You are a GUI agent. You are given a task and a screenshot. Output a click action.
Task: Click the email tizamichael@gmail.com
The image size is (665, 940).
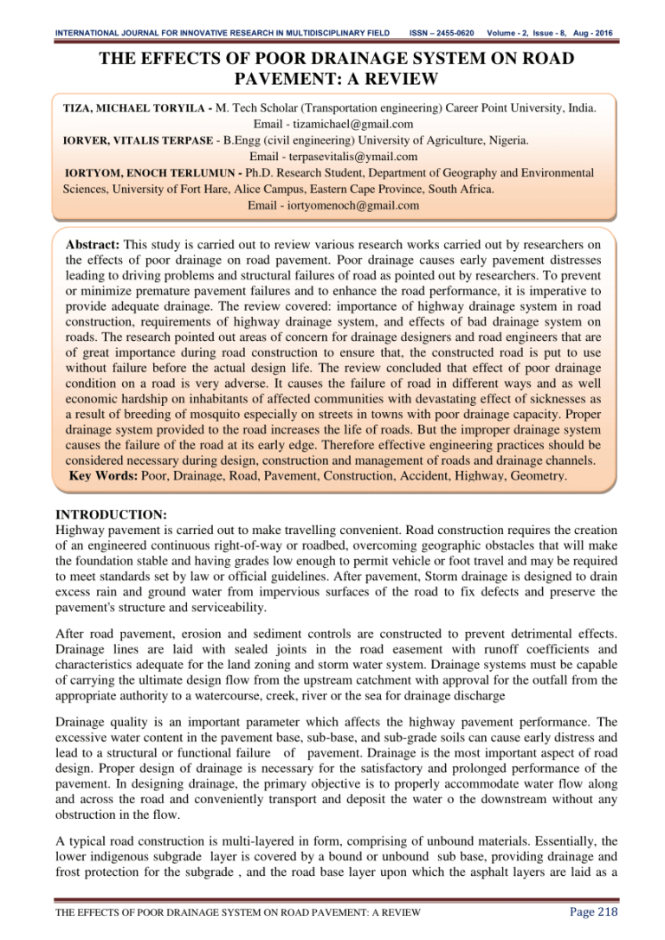(333, 124)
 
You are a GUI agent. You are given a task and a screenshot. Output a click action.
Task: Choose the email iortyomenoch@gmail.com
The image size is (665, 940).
(333, 206)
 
